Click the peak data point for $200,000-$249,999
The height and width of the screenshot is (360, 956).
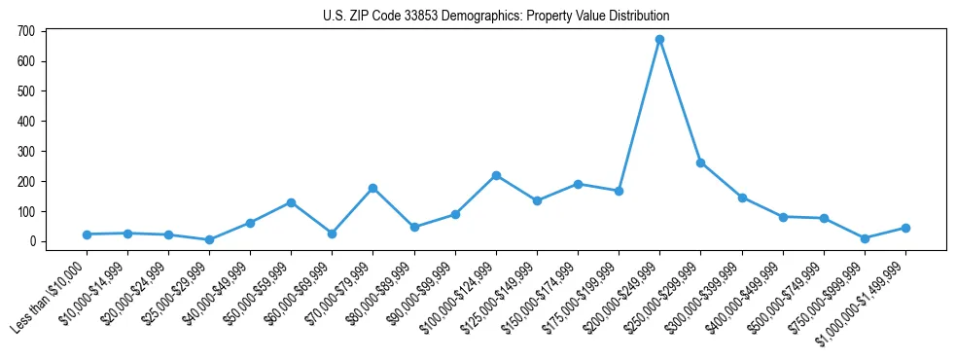pos(659,39)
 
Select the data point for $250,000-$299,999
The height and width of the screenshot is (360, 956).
pos(700,162)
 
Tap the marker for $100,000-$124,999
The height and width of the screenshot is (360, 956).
pos(496,175)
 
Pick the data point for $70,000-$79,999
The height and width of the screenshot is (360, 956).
pos(373,188)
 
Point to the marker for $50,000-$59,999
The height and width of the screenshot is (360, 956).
pos(291,202)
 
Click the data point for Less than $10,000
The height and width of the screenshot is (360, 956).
pos(87,234)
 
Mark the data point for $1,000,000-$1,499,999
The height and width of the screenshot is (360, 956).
pos(905,228)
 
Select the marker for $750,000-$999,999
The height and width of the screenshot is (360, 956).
pos(865,238)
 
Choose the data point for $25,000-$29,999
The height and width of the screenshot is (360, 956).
pos(209,239)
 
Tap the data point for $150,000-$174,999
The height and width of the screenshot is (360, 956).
pos(578,184)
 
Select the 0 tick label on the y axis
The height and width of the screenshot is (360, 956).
pos(32,241)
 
